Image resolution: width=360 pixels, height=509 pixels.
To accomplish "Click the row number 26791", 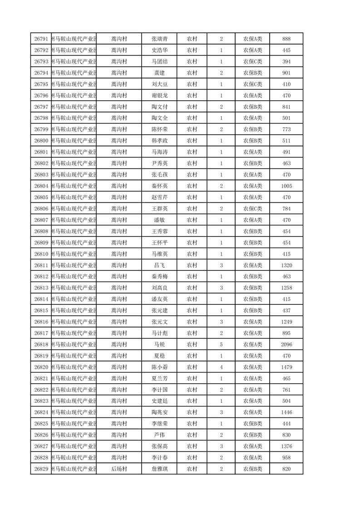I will point(41,39).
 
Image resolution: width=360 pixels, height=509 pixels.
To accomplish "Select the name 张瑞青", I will point(159,39).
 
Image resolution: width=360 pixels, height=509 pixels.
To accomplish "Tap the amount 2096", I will point(286,344).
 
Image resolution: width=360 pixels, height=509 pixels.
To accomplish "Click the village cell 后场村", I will point(119,469).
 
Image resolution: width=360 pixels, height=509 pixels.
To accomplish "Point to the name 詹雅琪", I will point(159,469).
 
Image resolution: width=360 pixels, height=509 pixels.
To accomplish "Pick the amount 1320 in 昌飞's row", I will point(286,265).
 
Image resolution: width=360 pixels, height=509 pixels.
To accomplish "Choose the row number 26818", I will point(41,344).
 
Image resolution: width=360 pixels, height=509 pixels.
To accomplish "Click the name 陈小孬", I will point(159,367).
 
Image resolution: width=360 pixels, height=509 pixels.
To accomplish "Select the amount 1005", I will point(286,186).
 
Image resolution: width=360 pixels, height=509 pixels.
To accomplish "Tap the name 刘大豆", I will point(159,84).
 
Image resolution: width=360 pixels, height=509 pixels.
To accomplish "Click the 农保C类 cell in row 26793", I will point(252,61).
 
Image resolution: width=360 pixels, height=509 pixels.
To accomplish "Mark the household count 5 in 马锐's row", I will point(221,344).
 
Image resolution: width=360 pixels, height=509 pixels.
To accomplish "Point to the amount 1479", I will point(286,367).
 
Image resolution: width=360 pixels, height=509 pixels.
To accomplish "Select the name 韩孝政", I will point(159,141).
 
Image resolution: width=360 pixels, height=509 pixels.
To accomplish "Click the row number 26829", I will point(41,469).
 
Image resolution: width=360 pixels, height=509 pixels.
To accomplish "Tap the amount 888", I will point(286,39).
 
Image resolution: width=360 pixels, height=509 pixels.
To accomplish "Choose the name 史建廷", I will point(159,401).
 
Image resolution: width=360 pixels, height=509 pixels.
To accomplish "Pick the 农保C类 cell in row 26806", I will point(252,209).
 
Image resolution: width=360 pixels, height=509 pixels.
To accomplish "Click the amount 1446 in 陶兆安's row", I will point(286,412).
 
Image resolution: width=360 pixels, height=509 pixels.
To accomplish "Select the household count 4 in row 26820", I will point(221,367).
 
